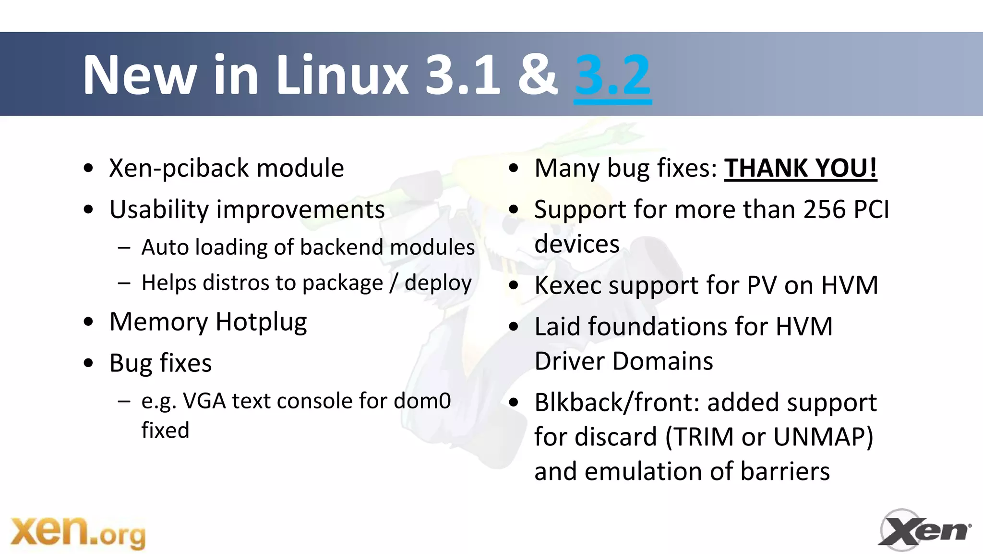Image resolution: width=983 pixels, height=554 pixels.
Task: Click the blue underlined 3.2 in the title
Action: click(612, 75)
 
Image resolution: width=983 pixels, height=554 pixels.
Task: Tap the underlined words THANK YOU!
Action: click(800, 168)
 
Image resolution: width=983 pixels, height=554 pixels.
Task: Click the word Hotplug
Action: click(261, 322)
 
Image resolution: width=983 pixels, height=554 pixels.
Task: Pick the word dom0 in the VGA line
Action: click(422, 401)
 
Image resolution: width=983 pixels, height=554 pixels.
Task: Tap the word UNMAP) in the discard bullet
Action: click(823, 437)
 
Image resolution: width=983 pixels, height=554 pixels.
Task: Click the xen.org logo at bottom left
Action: click(78, 532)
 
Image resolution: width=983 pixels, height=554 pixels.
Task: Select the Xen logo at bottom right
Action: click(924, 530)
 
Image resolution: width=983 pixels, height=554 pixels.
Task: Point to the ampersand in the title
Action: click(538, 75)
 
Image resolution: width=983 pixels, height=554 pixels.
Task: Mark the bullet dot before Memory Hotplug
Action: click(88, 322)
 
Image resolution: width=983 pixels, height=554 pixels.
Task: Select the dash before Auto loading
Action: click(124, 248)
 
